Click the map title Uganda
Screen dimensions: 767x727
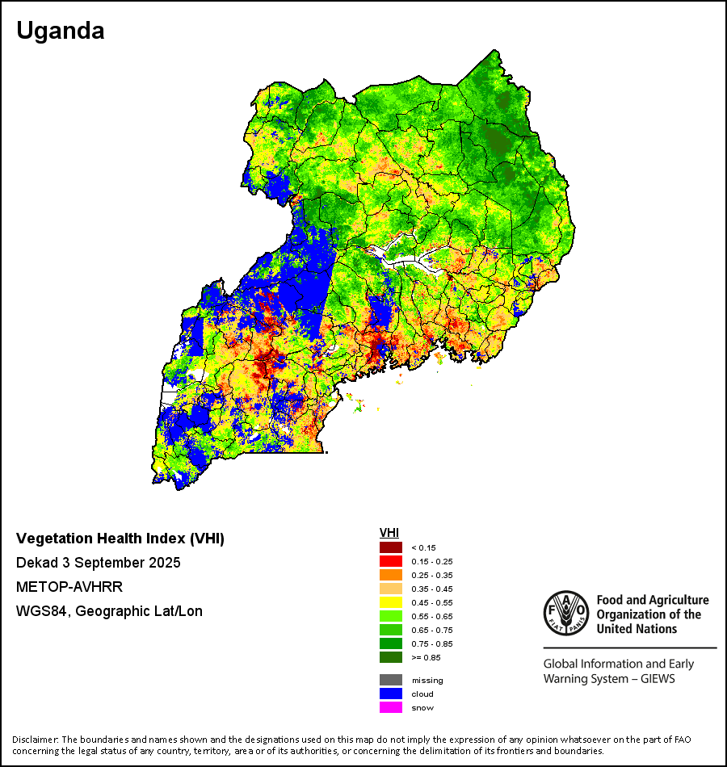pos(61,31)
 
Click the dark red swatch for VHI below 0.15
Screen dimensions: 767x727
pos(391,547)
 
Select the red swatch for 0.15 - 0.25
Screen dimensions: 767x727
pos(391,561)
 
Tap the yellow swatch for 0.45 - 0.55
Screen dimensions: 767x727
pos(391,602)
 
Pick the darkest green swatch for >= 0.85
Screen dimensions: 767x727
pos(391,657)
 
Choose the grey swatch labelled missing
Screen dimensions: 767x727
pos(391,680)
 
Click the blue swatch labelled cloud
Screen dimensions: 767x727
pos(391,694)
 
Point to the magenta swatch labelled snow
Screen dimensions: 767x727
pos(391,707)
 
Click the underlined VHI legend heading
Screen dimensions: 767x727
pos(389,533)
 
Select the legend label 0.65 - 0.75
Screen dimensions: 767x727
pos(429,630)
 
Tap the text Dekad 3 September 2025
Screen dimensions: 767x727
pos(99,562)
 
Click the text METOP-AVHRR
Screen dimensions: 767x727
pos(69,586)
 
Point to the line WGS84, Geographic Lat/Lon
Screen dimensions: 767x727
pos(109,611)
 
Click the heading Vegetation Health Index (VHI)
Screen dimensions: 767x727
pos(120,539)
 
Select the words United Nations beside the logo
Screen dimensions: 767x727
pos(637,629)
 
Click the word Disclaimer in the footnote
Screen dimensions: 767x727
pos(35,739)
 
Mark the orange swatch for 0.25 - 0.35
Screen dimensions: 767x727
pos(391,575)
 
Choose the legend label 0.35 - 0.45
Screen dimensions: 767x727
pos(429,589)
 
